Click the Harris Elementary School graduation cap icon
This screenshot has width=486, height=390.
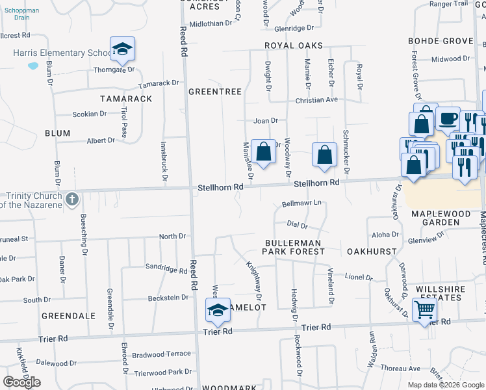pyautogui.click(x=122, y=49)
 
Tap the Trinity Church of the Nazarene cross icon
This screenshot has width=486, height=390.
pyautogui.click(x=72, y=198)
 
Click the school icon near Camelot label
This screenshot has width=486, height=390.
pyautogui.click(x=218, y=309)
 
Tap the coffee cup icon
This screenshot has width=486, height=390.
pyautogui.click(x=448, y=119)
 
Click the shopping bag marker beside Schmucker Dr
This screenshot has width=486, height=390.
pyautogui.click(x=324, y=155)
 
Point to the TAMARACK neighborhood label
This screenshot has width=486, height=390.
pyautogui.click(x=126, y=99)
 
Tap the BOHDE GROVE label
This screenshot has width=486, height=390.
pyautogui.click(x=441, y=41)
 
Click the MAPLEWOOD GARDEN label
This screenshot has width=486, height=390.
pyautogui.click(x=445, y=218)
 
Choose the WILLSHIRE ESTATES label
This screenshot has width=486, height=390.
pyautogui.click(x=439, y=292)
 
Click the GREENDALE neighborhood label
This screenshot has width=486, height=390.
pyautogui.click(x=68, y=315)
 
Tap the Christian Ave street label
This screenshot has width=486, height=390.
pyautogui.click(x=317, y=100)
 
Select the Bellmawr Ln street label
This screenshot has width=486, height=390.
pyautogui.click(x=302, y=203)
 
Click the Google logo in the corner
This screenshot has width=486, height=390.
pyautogui.click(x=22, y=382)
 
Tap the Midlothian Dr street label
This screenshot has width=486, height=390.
pyautogui.click(x=211, y=23)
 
